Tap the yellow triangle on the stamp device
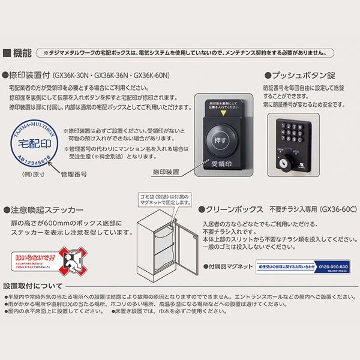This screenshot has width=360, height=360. click(x=223, y=113)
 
